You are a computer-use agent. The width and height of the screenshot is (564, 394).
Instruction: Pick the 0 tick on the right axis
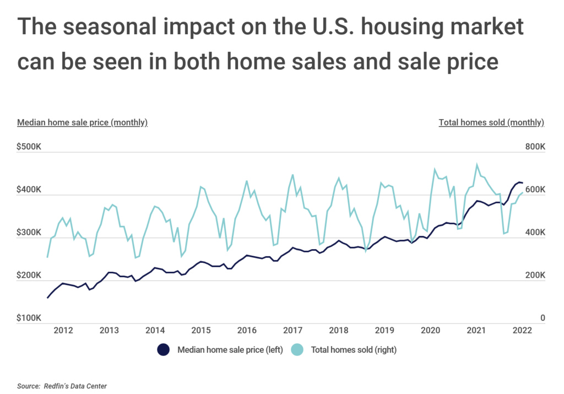tap(543, 318)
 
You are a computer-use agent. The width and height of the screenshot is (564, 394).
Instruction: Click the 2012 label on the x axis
tap(63, 331)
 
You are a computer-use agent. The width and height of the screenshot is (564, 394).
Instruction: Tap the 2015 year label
tap(201, 331)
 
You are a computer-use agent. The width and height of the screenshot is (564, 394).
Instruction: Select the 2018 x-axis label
tap(338, 331)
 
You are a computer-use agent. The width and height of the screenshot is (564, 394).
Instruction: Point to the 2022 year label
tap(522, 331)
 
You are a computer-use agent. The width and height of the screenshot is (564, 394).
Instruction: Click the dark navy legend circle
tap(163, 349)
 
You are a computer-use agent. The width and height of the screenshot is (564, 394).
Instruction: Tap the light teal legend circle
tap(297, 349)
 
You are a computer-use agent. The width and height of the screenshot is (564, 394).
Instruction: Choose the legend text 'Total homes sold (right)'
tap(354, 349)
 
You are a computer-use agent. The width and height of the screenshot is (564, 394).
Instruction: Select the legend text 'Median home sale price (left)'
tap(230, 349)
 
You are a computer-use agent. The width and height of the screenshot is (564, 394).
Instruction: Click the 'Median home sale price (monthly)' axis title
tap(83, 122)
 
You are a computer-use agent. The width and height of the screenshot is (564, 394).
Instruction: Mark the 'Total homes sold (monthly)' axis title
tap(491, 122)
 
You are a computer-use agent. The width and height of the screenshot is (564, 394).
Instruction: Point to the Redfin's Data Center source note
tap(62, 386)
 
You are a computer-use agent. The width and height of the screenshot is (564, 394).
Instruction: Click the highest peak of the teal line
tap(477, 164)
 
